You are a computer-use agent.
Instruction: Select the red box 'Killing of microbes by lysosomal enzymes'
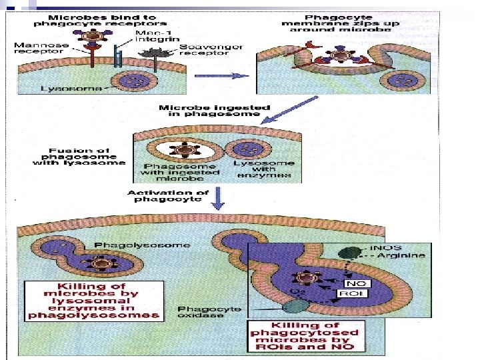[x=92, y=301]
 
